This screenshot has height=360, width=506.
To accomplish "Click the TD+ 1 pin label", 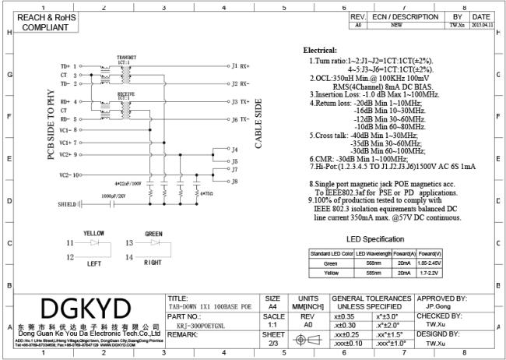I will point(68,66).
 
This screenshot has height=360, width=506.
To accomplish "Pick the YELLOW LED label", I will point(94,233).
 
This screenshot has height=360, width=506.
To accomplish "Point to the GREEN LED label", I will point(153,233).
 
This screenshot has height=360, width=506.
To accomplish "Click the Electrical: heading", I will point(319,51).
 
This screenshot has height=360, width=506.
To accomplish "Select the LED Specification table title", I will point(374,238).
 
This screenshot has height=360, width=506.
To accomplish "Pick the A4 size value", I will point(272,308).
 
